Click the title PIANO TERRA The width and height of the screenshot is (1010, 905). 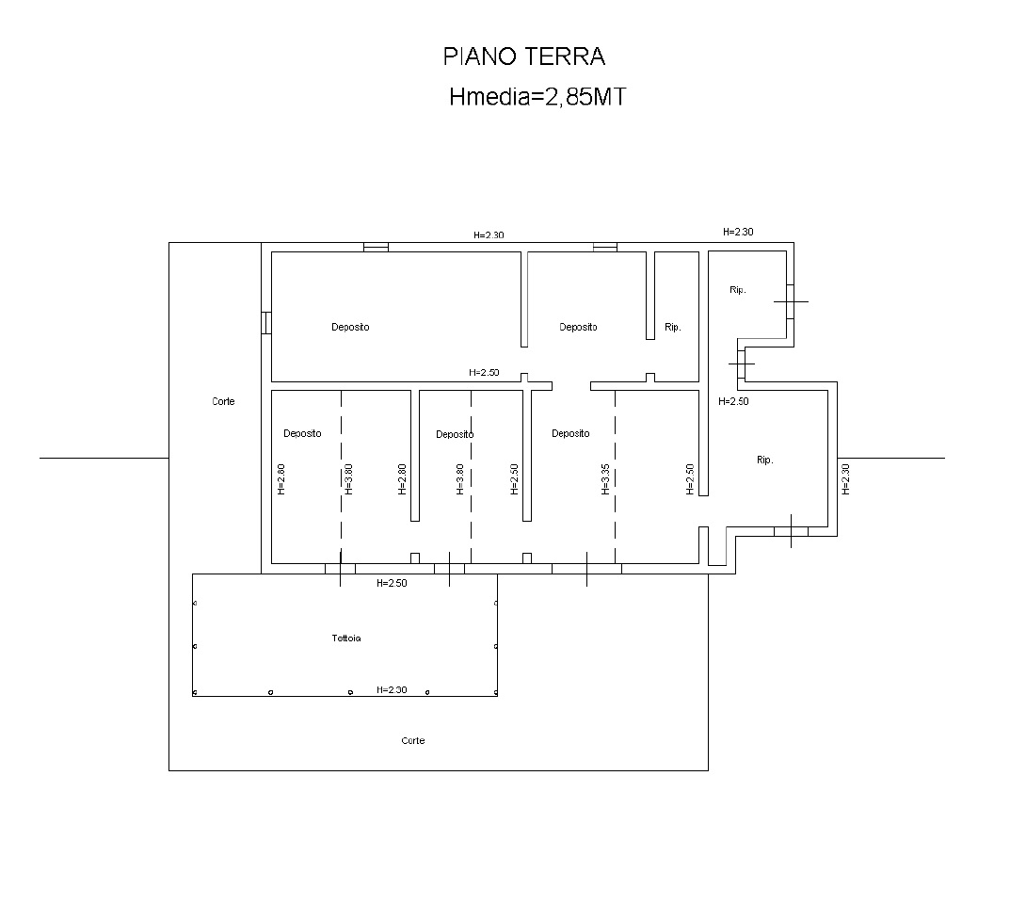pyautogui.click(x=524, y=57)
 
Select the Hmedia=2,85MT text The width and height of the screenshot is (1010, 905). pyautogui.click(x=537, y=97)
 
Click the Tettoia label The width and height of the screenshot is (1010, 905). pyautogui.click(x=345, y=638)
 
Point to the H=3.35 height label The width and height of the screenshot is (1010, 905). pyautogui.click(x=605, y=479)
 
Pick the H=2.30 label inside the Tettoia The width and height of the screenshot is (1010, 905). pyautogui.click(x=392, y=689)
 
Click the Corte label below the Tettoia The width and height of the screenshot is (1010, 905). pyautogui.click(x=413, y=740)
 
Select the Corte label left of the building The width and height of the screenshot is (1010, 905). pyautogui.click(x=223, y=401)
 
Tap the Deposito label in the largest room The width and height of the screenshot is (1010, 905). pyautogui.click(x=350, y=327)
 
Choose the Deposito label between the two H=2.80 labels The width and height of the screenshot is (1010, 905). pyautogui.click(x=302, y=433)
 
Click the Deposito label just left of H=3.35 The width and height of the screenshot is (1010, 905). pyautogui.click(x=570, y=433)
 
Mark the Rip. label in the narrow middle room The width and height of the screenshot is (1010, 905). pyautogui.click(x=672, y=327)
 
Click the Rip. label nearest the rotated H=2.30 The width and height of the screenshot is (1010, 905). pyautogui.click(x=764, y=460)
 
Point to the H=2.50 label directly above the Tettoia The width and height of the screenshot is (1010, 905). pyautogui.click(x=392, y=583)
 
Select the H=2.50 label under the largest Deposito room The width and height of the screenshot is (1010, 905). pyautogui.click(x=484, y=372)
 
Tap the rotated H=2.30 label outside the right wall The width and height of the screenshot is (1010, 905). pyautogui.click(x=846, y=479)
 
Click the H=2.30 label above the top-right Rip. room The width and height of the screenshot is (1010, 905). pyautogui.click(x=738, y=232)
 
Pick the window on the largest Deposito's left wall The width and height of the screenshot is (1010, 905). pyautogui.click(x=266, y=323)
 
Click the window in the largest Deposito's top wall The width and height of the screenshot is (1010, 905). pyautogui.click(x=377, y=247)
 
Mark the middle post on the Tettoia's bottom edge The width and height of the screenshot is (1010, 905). pyautogui.click(x=350, y=692)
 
